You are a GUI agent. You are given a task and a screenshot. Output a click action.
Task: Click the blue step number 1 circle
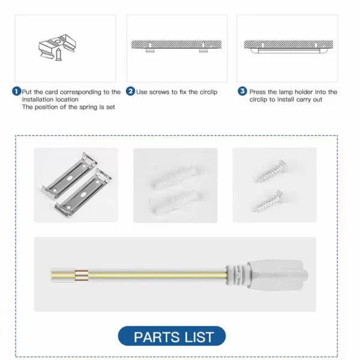[16, 92]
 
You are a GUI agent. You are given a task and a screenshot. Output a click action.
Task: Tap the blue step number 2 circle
[130, 91]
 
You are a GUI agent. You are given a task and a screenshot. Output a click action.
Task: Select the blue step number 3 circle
[242, 91]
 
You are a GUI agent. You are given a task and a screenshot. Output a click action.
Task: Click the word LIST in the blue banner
[199, 337]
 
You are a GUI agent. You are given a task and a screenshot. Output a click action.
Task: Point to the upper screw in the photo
[272, 171]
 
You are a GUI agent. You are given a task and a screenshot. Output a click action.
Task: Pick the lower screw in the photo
[268, 201]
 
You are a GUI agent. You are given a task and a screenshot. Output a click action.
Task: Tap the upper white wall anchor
[175, 176]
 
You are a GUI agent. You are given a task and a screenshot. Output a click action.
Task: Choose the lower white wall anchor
[174, 202]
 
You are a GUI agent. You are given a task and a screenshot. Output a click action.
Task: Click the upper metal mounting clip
[69, 174]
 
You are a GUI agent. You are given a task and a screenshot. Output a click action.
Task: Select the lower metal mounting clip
[83, 193]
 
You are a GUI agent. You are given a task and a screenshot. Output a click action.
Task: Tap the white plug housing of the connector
[267, 275]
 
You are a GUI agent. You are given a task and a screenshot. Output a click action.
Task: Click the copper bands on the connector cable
[82, 275]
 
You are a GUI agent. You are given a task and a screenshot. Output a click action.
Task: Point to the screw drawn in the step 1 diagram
[59, 55]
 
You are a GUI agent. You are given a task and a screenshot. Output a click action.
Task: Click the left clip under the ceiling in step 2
[149, 50]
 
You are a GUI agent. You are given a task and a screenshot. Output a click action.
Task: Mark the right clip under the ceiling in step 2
[203, 50]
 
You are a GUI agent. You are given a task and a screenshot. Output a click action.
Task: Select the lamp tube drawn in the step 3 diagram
[288, 51]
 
